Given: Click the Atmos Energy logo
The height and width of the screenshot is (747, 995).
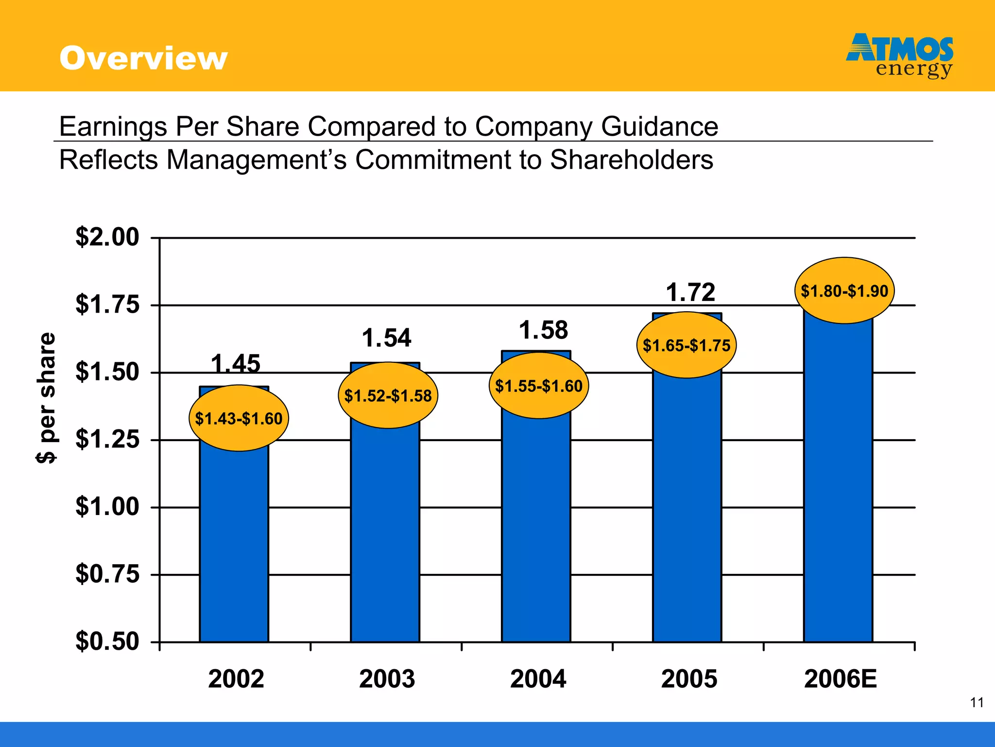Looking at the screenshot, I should pyautogui.click(x=899, y=55).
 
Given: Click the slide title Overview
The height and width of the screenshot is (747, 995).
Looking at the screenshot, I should pyautogui.click(x=143, y=58).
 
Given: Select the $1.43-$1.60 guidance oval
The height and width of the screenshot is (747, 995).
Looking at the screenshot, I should pyautogui.click(x=239, y=418).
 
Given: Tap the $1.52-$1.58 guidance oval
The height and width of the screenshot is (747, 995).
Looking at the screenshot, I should pyautogui.click(x=388, y=395).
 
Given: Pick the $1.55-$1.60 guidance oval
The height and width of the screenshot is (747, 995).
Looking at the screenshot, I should pyautogui.click(x=538, y=386).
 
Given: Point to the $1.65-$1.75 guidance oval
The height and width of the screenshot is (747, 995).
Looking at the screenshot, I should pyautogui.click(x=686, y=345).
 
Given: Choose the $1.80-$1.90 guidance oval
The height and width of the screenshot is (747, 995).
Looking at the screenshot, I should pyautogui.click(x=844, y=291).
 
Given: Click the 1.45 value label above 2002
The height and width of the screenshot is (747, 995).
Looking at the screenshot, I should pyautogui.click(x=236, y=363).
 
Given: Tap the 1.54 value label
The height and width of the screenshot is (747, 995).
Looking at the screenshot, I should pyautogui.click(x=387, y=338).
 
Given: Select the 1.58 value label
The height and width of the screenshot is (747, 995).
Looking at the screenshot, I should pyautogui.click(x=544, y=330).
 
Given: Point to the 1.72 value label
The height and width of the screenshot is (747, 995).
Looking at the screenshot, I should pyautogui.click(x=690, y=292).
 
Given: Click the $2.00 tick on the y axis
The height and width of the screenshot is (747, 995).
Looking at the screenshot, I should pyautogui.click(x=107, y=237).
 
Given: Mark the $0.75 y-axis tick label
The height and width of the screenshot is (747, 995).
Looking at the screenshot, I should pyautogui.click(x=107, y=574).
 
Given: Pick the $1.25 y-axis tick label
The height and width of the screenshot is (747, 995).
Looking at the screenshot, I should pyautogui.click(x=107, y=440).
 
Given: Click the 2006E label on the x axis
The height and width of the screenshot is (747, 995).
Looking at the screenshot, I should pyautogui.click(x=841, y=679).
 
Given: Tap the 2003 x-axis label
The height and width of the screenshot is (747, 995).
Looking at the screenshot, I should pyautogui.click(x=387, y=679).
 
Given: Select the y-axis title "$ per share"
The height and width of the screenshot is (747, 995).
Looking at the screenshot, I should pyautogui.click(x=47, y=398).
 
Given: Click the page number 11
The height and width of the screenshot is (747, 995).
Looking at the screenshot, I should pyautogui.click(x=977, y=703).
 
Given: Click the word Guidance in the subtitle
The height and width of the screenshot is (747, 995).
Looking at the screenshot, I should pyautogui.click(x=659, y=126).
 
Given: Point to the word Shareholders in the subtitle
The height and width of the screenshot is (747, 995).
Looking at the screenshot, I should pyautogui.click(x=631, y=160).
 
